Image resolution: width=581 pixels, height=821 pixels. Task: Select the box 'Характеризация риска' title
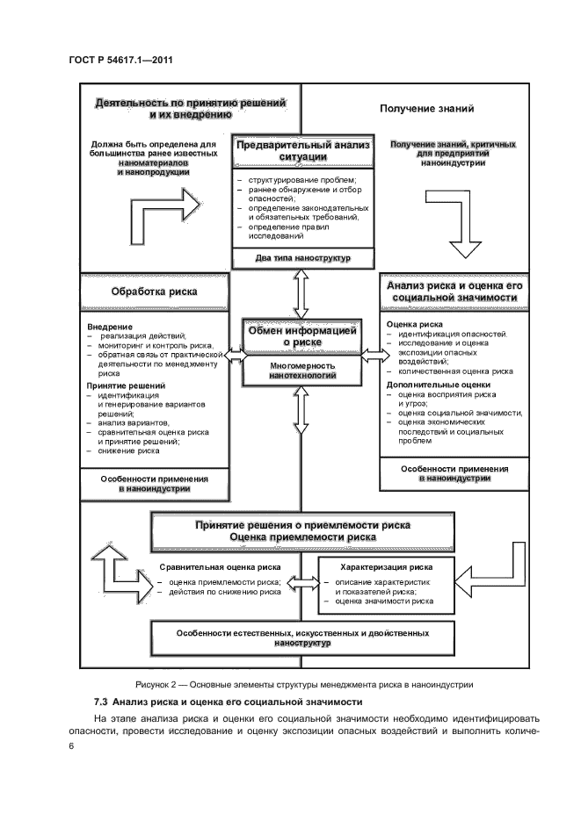[386, 566]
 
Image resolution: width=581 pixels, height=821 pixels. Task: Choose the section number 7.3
[102, 704]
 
